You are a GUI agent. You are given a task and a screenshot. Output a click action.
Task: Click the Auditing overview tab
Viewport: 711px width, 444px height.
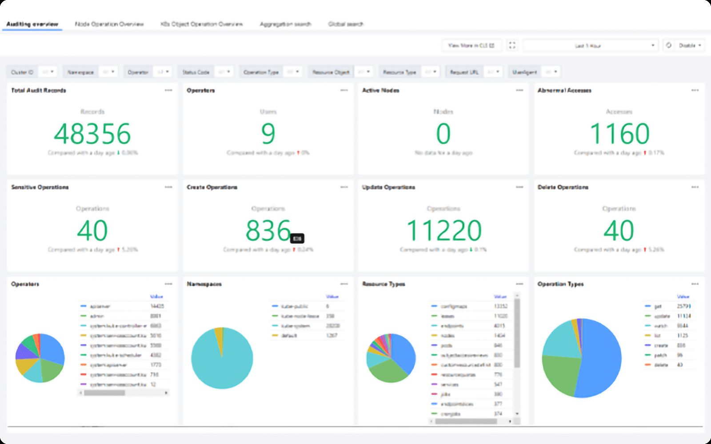pos(32,24)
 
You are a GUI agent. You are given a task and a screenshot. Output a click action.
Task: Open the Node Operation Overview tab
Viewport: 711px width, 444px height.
pos(109,24)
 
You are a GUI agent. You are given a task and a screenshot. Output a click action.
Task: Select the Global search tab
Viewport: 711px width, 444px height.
pos(346,24)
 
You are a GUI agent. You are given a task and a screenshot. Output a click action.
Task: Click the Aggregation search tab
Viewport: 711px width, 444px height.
pos(285,24)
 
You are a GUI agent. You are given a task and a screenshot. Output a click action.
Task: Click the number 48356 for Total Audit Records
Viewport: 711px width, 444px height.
pos(92,134)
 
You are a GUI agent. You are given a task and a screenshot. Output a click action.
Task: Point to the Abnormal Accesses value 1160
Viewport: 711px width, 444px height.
pos(619,134)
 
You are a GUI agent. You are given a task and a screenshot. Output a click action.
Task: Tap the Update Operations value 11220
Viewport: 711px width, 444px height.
pos(443,230)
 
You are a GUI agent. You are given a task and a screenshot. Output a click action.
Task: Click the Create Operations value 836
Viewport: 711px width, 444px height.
pos(268,230)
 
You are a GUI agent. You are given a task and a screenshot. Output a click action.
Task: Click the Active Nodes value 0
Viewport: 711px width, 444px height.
pos(443,134)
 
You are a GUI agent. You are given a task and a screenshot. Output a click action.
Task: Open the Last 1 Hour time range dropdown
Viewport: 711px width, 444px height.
pos(590,46)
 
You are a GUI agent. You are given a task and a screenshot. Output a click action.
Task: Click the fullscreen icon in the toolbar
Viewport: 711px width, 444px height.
pos(512,45)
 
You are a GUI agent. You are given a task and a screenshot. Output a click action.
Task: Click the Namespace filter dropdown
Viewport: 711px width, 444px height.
pos(108,72)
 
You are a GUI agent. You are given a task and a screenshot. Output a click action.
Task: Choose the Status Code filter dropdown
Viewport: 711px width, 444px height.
pos(224,72)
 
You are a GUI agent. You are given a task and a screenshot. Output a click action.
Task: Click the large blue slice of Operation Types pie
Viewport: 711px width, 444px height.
pos(600,360)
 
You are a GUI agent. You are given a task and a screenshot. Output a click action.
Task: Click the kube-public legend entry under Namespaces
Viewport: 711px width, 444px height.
pos(295,306)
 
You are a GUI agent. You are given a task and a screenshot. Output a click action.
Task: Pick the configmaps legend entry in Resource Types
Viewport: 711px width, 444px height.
pos(453,306)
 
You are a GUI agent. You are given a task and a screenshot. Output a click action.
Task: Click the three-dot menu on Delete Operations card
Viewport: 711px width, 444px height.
pos(695,187)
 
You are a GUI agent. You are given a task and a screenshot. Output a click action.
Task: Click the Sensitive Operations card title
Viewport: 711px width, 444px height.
pos(40,187)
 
